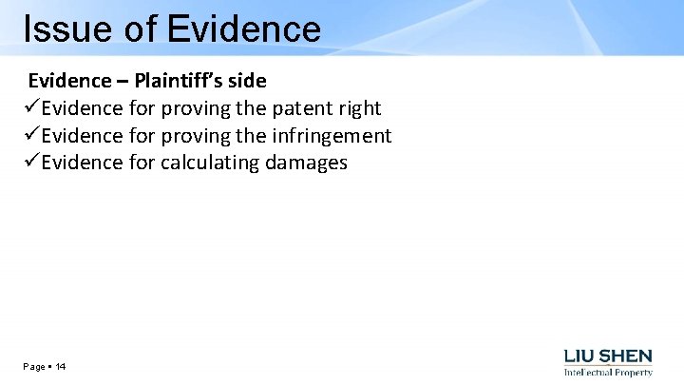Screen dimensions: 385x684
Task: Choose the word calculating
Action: (209, 163)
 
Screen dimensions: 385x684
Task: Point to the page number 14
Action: (61, 367)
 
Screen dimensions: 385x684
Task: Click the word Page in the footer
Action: (34, 367)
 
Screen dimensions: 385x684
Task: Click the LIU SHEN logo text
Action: (608, 356)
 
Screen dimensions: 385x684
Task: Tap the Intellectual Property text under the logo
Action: (608, 372)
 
